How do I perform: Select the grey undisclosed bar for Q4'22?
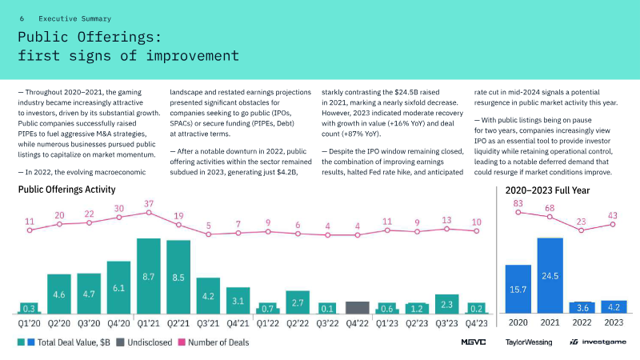click(x=357, y=307)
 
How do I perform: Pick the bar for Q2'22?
click(x=298, y=302)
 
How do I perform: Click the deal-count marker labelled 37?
click(x=149, y=214)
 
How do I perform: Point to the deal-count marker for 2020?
click(x=518, y=214)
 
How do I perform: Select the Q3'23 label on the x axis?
click(x=446, y=323)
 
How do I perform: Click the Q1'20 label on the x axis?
click(x=30, y=323)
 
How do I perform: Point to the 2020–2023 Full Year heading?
click(x=548, y=190)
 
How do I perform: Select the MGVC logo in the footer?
click(x=474, y=342)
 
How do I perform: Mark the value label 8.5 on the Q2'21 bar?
click(x=178, y=278)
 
